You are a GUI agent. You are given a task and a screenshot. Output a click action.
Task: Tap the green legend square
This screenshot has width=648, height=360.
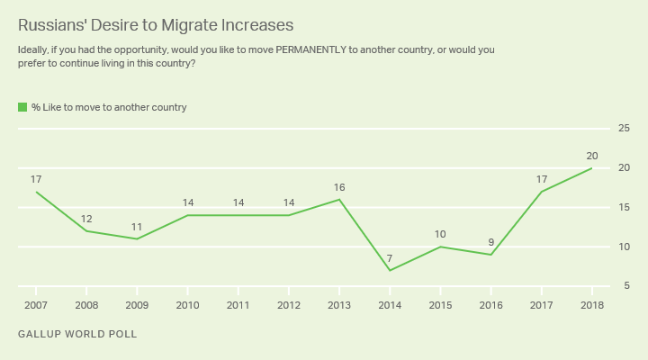click(22, 107)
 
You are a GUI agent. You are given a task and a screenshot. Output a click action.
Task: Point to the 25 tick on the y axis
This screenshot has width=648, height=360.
click(624, 129)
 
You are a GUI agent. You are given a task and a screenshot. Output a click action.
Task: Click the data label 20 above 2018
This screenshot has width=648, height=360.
click(591, 156)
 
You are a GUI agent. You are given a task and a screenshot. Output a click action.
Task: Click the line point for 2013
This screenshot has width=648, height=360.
click(339, 200)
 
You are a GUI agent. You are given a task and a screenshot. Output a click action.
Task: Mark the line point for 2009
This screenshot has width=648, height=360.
click(138, 238)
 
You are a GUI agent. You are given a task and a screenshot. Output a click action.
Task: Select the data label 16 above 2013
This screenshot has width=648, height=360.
click(339, 187)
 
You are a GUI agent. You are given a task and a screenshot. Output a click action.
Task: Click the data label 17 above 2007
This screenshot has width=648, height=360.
click(36, 179)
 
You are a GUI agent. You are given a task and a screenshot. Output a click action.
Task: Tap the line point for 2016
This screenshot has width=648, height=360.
click(490, 255)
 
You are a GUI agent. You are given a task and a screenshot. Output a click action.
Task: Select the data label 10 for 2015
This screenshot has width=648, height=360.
click(440, 235)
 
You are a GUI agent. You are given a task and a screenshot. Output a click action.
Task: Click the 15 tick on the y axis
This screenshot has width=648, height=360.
click(624, 207)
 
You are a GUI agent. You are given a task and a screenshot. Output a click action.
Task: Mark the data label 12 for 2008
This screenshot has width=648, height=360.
click(86, 219)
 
